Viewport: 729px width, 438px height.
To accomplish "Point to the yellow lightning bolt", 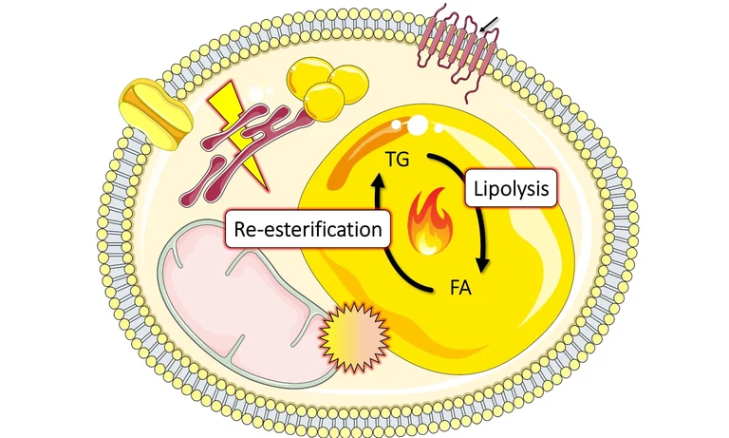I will click(234, 124).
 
